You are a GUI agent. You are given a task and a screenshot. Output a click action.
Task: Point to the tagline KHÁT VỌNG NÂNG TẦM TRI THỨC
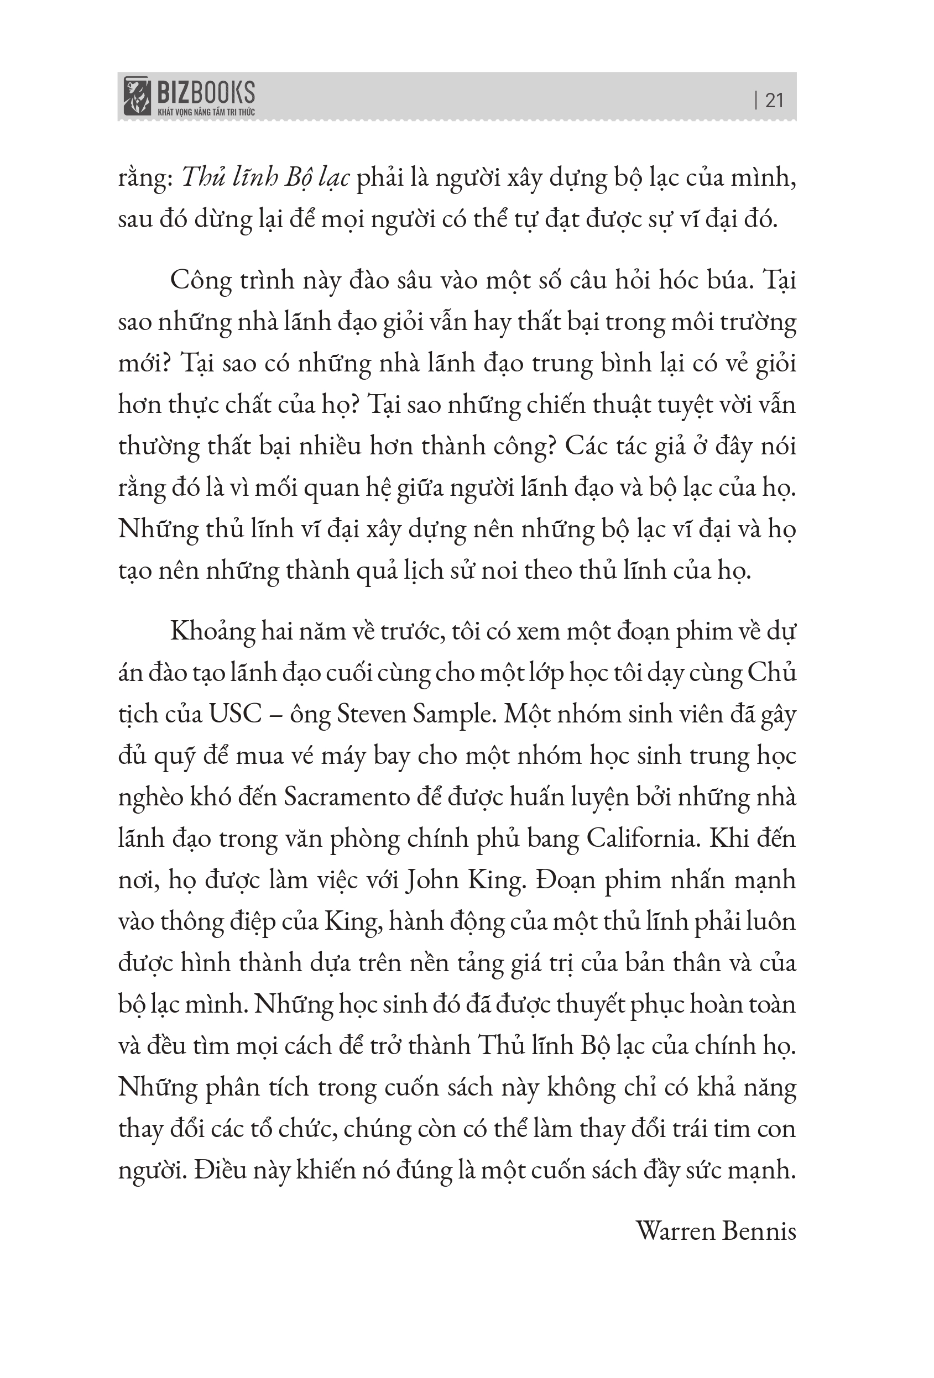tap(206, 112)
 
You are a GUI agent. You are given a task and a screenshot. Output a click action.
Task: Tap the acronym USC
tap(236, 715)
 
